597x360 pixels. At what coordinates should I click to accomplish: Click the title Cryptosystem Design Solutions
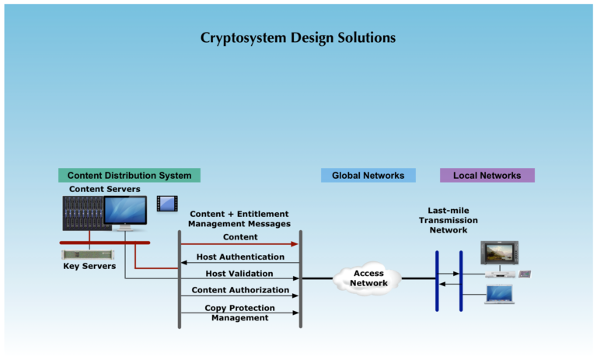click(298, 37)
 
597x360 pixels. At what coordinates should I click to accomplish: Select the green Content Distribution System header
click(129, 176)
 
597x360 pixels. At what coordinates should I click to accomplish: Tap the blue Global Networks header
click(368, 176)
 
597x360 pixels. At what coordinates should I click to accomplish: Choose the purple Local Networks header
click(487, 176)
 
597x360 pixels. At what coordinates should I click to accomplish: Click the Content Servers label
click(105, 189)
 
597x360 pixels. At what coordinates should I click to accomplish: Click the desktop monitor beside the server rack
click(125, 212)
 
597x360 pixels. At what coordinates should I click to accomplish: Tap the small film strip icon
click(166, 204)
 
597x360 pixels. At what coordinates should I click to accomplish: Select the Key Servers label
click(89, 266)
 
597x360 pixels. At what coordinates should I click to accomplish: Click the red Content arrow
click(240, 243)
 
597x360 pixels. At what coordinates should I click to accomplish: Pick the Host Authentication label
click(240, 257)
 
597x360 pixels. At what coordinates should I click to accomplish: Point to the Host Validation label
click(239, 274)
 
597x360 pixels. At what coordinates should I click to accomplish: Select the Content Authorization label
click(240, 290)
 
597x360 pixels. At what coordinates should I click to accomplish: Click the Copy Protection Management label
click(240, 313)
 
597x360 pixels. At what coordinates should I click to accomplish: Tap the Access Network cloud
click(368, 278)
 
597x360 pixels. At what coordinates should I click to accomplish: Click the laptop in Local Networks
click(499, 295)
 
